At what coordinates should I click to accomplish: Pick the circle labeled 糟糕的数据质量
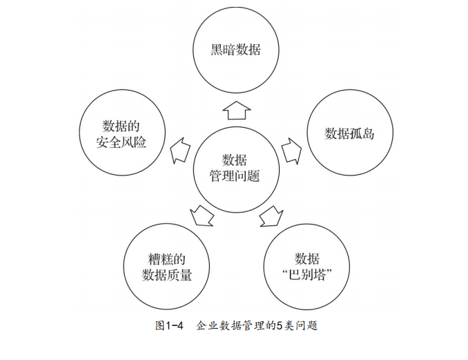click(x=166, y=267)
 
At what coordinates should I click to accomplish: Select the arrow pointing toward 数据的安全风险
click(x=180, y=149)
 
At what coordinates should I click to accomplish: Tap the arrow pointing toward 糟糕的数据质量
click(x=202, y=217)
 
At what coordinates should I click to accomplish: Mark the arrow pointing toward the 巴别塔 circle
click(x=271, y=217)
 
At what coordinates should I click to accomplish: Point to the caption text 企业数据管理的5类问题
click(x=257, y=325)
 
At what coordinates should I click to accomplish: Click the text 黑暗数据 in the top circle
click(x=235, y=50)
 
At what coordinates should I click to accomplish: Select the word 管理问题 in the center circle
click(x=235, y=176)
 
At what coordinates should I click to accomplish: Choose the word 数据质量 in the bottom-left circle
click(x=166, y=276)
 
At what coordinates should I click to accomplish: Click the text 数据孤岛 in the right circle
click(x=349, y=133)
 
